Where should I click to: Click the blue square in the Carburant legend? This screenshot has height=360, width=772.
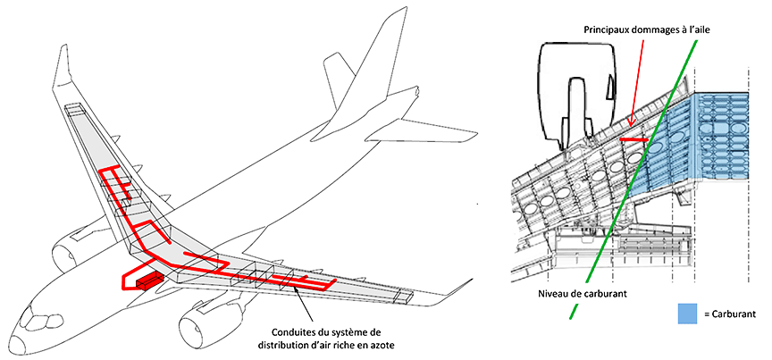pos(688,314)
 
